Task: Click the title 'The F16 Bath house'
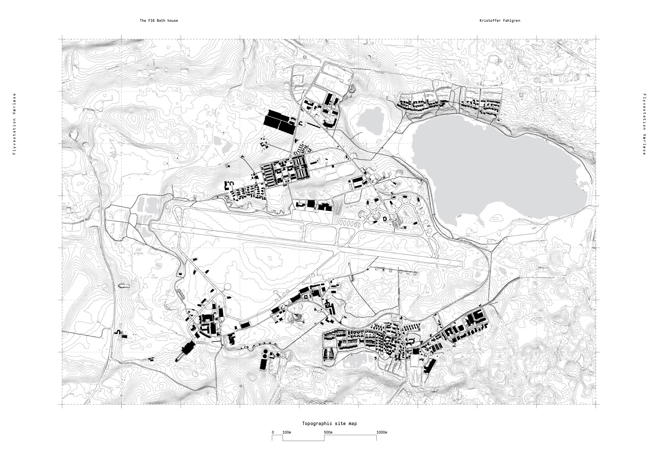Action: click(159, 21)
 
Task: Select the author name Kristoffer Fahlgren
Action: click(500, 21)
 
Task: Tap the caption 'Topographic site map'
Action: click(329, 423)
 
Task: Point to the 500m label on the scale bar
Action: click(328, 433)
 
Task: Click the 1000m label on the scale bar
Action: click(382, 433)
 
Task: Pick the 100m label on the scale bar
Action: click(287, 433)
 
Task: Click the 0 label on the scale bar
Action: click(273, 433)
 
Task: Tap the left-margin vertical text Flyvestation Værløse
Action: click(14, 124)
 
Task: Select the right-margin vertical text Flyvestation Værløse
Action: click(644, 124)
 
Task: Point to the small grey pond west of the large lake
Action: click(370, 120)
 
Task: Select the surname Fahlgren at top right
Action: click(512, 21)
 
